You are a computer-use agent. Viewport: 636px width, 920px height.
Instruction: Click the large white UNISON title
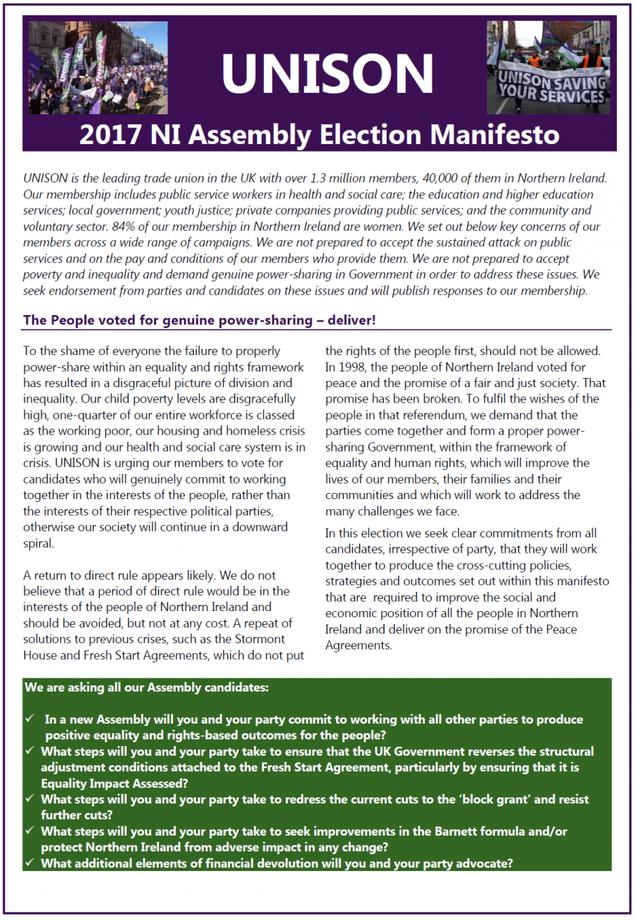(328, 73)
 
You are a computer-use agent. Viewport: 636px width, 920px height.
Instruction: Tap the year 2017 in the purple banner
(104, 135)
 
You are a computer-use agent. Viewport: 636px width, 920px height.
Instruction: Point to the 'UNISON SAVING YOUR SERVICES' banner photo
(548, 67)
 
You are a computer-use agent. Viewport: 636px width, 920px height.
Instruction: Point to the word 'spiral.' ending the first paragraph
(40, 544)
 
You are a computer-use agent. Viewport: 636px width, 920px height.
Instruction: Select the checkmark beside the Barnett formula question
(30, 831)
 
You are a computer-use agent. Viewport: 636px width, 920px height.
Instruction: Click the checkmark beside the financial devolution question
(30, 863)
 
